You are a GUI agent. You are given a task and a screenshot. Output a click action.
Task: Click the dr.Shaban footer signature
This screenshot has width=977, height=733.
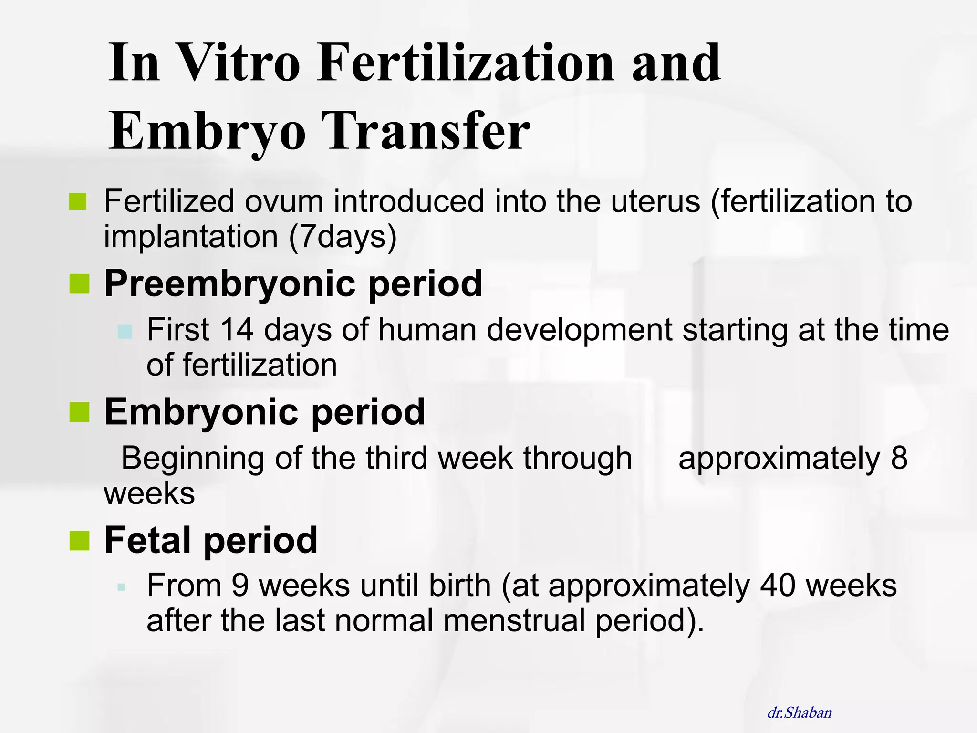coord(799,712)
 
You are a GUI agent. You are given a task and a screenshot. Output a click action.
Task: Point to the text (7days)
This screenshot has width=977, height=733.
coord(343,237)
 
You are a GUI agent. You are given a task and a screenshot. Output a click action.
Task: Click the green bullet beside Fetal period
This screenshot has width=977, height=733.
coord(79,540)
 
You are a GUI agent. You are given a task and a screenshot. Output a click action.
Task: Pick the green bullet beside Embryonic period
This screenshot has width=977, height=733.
coord(79,412)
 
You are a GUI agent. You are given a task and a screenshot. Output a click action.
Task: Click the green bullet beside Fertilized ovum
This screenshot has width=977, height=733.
coord(78,201)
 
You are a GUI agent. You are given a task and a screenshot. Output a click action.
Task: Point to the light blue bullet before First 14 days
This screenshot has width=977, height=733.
coord(125,331)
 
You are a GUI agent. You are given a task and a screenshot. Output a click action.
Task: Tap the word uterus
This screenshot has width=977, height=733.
coord(655,201)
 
